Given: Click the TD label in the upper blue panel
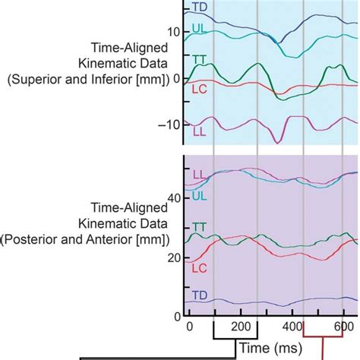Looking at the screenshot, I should tap(200, 8).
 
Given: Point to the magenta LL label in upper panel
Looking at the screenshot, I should tap(200, 131).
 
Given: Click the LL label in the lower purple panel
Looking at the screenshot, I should tap(199, 175).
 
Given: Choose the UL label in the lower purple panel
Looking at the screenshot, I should tap(199, 195).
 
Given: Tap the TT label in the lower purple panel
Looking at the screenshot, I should tap(199, 227).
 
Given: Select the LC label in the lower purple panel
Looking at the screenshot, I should tap(199, 268).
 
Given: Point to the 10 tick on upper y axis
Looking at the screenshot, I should tap(174, 31).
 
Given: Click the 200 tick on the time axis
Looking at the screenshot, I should tap(240, 326).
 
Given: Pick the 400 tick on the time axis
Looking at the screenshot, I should tap(292, 326).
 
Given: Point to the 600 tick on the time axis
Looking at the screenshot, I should tap(343, 326).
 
